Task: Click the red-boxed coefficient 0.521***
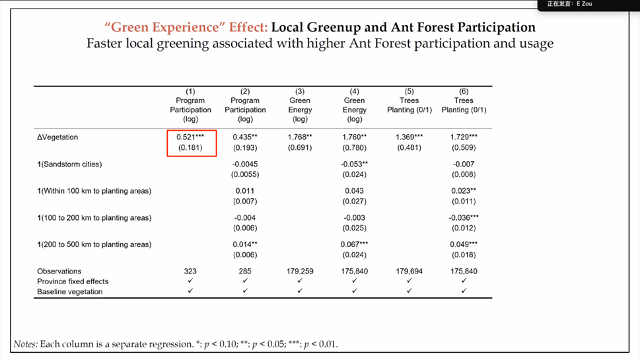[x=190, y=137]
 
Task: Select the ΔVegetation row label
[x=57, y=137]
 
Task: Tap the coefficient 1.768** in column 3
[x=300, y=137]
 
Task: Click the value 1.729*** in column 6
[x=464, y=137]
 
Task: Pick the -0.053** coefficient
[x=355, y=164]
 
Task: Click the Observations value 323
[x=190, y=271]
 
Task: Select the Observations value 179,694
[x=409, y=271]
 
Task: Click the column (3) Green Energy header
[x=300, y=106]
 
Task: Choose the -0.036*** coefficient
[x=464, y=218]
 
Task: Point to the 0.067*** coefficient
[x=355, y=244]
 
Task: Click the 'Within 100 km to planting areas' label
[x=94, y=191]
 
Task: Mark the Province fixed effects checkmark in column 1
[x=190, y=281]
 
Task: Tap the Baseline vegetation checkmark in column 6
[x=464, y=291]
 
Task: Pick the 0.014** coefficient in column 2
[x=245, y=244]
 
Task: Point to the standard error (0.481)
[x=409, y=148]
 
